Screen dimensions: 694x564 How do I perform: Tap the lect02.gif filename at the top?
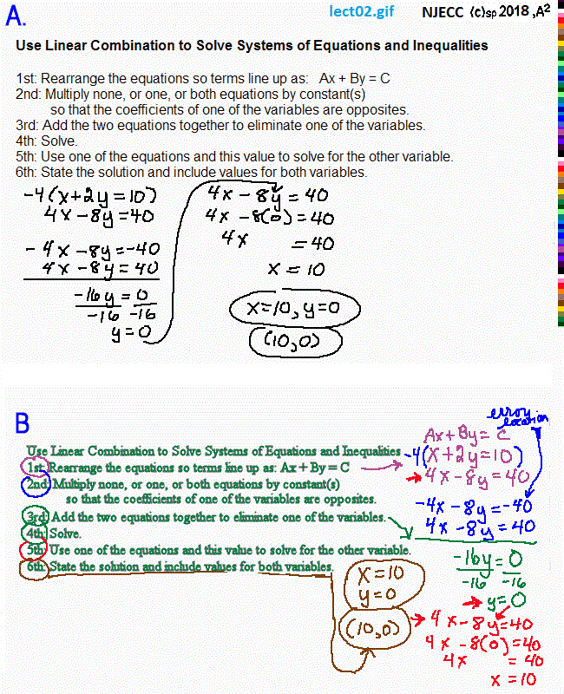tap(362, 12)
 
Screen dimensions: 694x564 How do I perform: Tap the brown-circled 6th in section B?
tap(36, 566)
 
